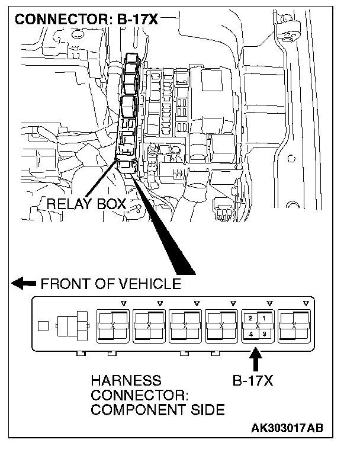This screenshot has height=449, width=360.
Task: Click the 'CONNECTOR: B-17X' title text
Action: [x=86, y=20]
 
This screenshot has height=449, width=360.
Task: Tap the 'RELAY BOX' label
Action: [x=86, y=204]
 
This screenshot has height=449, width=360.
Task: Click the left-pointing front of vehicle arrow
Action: [x=24, y=284]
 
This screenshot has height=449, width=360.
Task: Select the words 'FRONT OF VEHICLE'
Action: [x=111, y=284]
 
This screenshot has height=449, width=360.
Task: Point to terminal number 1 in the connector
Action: [x=264, y=318]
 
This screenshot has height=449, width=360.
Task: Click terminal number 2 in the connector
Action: [x=251, y=318]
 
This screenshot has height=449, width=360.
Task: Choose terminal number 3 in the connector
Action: [x=264, y=334]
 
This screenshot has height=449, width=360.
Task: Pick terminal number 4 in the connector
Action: [x=251, y=334]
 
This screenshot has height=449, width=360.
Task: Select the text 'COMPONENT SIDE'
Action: [x=157, y=409]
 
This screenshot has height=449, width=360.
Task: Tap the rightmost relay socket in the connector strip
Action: [x=295, y=326]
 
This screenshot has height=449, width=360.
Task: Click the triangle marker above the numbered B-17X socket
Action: [x=269, y=303]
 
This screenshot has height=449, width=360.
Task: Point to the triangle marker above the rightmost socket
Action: [x=306, y=303]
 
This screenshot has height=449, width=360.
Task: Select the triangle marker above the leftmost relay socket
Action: [x=123, y=303]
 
